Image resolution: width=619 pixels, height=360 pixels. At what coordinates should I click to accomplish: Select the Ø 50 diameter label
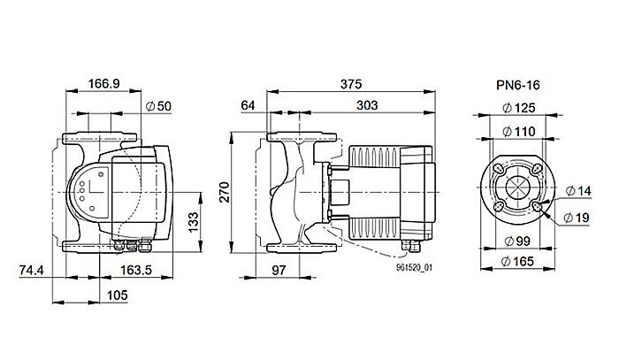(158, 106)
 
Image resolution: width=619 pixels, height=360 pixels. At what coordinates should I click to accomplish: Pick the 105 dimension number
(105, 295)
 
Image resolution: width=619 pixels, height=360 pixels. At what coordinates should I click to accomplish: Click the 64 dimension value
(248, 105)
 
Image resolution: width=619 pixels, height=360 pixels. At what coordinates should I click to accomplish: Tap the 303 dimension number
(365, 105)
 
